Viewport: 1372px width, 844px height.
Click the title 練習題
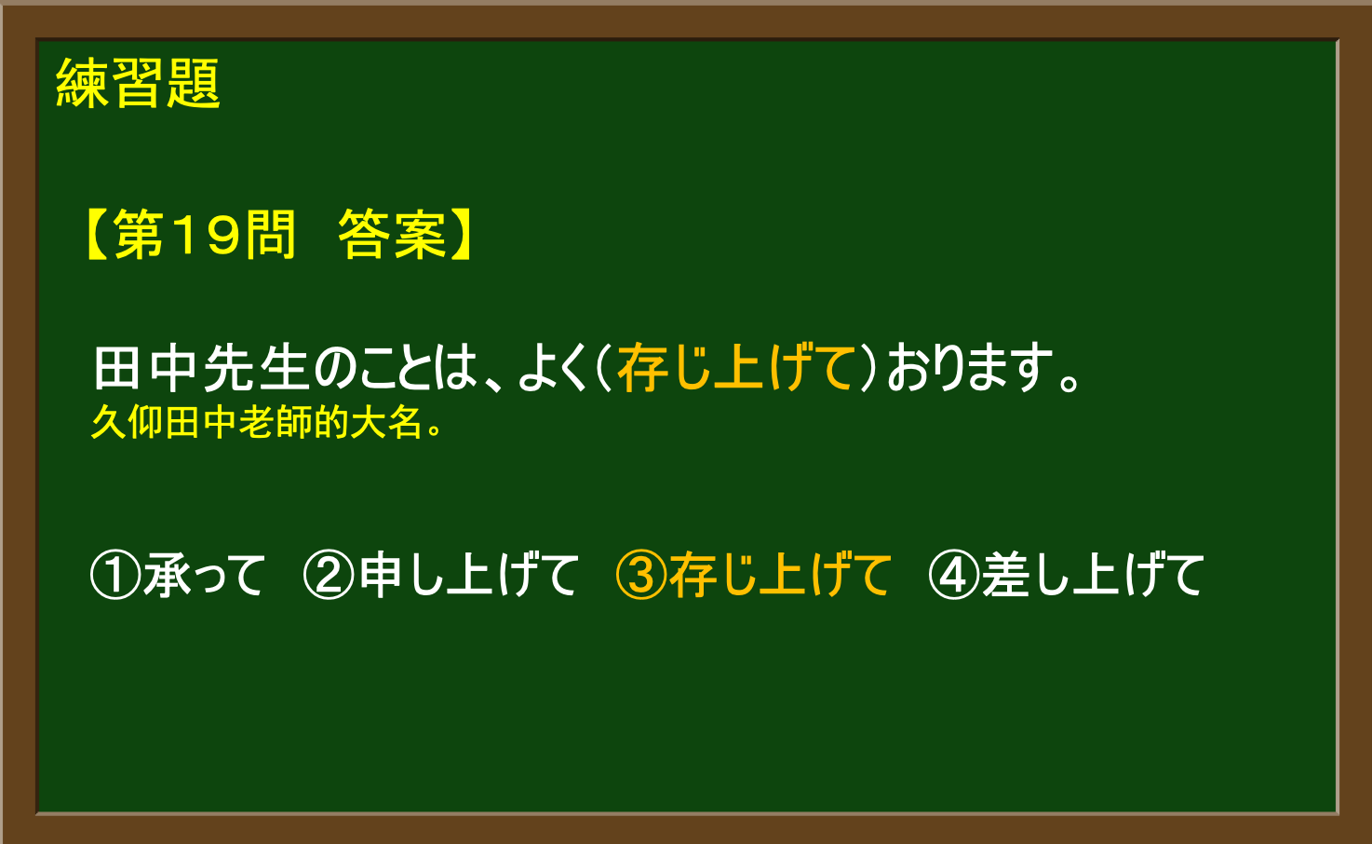click(138, 84)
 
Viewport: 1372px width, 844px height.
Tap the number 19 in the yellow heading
click(205, 234)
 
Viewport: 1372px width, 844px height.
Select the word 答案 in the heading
click(392, 234)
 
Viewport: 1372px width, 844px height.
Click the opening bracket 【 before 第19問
click(98, 234)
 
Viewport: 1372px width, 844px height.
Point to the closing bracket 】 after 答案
click(461, 234)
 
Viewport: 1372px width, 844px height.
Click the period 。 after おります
click(1069, 381)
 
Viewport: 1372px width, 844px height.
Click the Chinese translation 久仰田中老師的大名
click(266, 422)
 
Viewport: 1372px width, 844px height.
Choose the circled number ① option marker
click(115, 575)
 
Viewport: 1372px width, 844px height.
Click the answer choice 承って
click(205, 575)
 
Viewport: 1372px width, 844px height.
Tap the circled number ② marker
click(329, 575)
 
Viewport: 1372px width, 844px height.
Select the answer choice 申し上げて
click(468, 575)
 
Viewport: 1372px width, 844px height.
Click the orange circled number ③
click(641, 575)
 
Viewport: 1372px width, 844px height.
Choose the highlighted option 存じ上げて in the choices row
click(780, 575)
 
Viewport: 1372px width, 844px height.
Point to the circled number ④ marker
click(954, 575)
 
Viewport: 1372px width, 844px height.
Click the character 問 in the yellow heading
click(270, 234)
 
